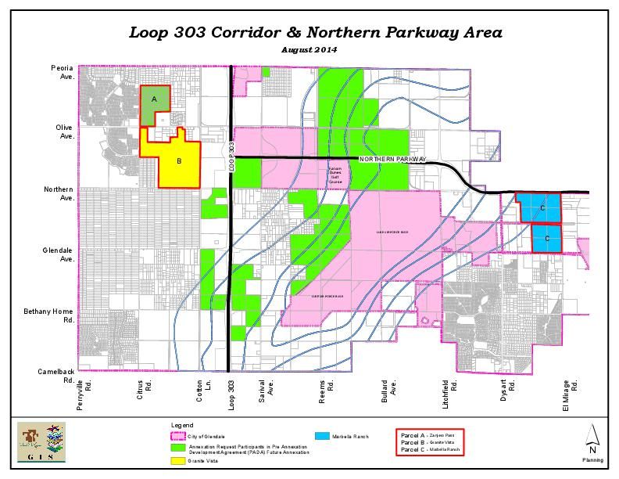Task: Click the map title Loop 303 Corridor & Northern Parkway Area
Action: (316, 33)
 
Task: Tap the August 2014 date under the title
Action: (309, 50)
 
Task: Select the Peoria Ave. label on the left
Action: (63, 73)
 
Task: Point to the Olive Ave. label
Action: (64, 131)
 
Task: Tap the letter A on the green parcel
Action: (155, 99)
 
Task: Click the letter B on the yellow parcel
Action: (179, 162)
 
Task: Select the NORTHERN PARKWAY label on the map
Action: (392, 160)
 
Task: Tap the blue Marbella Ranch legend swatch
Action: (321, 436)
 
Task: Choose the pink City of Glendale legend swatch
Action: (177, 436)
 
